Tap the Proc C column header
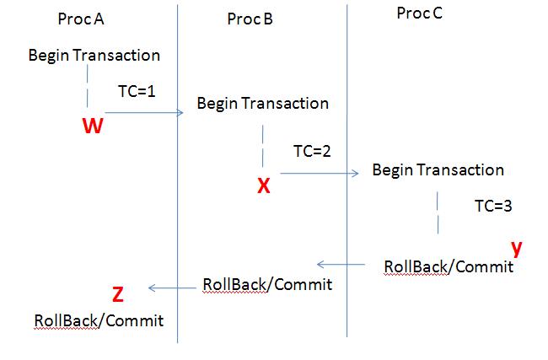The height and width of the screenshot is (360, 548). [419, 14]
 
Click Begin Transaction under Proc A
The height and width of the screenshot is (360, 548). [94, 56]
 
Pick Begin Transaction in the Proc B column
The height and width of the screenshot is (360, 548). [262, 104]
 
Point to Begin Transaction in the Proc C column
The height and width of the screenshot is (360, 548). [438, 170]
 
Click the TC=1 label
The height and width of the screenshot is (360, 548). [137, 89]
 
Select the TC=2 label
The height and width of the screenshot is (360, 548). [312, 152]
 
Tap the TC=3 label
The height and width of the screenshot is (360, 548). [493, 205]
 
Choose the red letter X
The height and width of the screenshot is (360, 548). [264, 186]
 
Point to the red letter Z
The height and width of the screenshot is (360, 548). [118, 294]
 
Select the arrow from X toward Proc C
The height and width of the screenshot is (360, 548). [319, 174]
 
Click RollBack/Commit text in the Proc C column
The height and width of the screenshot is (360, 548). [448, 266]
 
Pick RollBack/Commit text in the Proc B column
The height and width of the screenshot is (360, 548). [267, 284]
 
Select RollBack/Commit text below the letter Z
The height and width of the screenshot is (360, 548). [99, 320]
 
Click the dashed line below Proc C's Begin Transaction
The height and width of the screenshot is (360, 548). [438, 212]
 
